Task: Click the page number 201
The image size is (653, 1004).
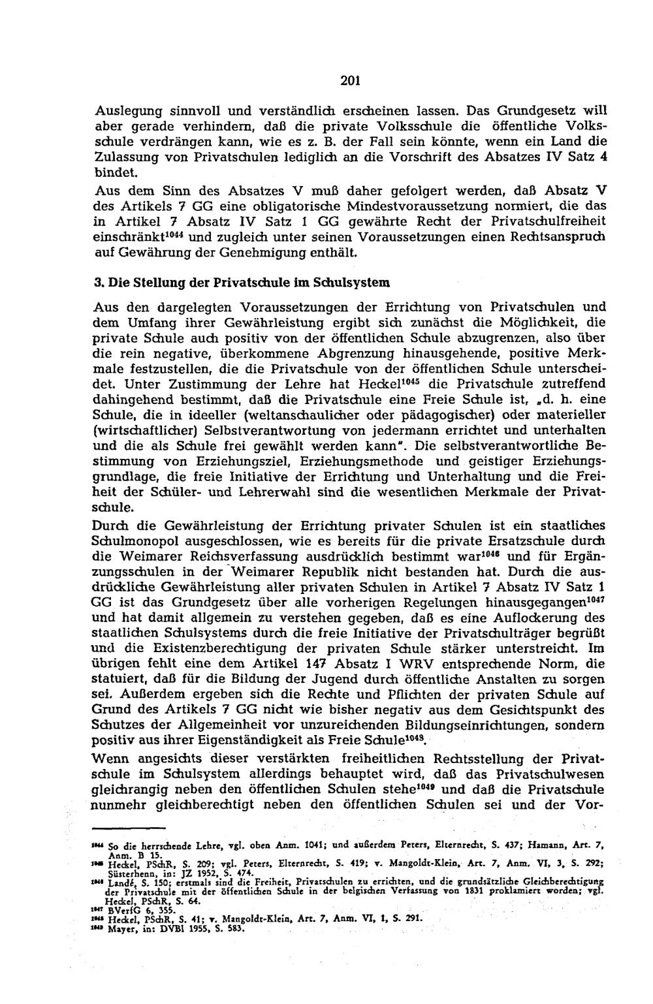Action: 333,82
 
